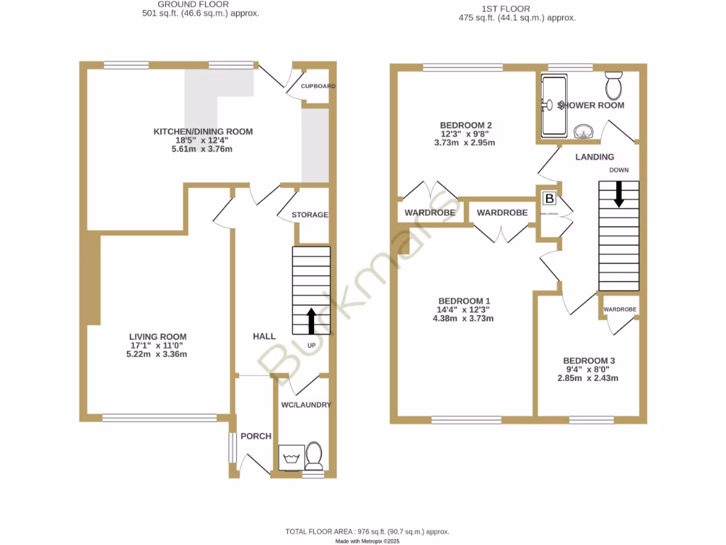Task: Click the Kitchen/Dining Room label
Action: click(x=203, y=131)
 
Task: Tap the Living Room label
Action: click(x=157, y=336)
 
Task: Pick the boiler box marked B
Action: click(x=549, y=199)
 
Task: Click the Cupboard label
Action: click(x=318, y=87)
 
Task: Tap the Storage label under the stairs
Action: click(x=310, y=215)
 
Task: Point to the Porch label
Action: click(x=256, y=436)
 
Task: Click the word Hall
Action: click(x=264, y=336)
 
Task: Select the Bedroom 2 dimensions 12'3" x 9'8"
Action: click(x=464, y=134)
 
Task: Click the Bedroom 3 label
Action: click(x=589, y=360)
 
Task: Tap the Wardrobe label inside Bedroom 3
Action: click(x=620, y=309)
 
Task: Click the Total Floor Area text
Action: click(x=367, y=532)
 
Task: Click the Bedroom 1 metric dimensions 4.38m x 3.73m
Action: click(x=464, y=319)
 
